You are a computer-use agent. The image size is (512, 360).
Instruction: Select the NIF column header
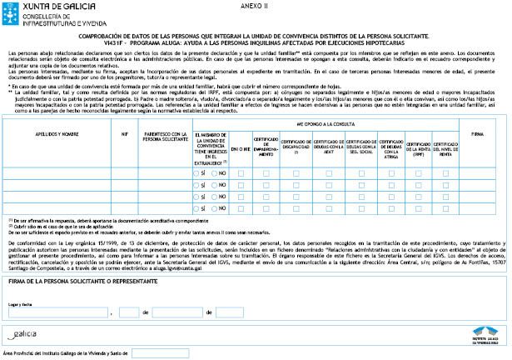tap(124, 132)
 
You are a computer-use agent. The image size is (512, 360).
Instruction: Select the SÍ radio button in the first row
tap(196, 172)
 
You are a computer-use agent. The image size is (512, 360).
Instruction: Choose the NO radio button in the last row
tap(216, 209)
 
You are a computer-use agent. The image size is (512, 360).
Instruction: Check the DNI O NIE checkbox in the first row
tap(241, 172)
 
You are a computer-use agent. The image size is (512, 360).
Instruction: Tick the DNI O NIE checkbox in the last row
tap(241, 209)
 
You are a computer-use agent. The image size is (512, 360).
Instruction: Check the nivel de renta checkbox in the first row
tap(446, 172)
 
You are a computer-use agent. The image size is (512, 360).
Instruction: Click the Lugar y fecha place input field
tap(57, 289)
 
